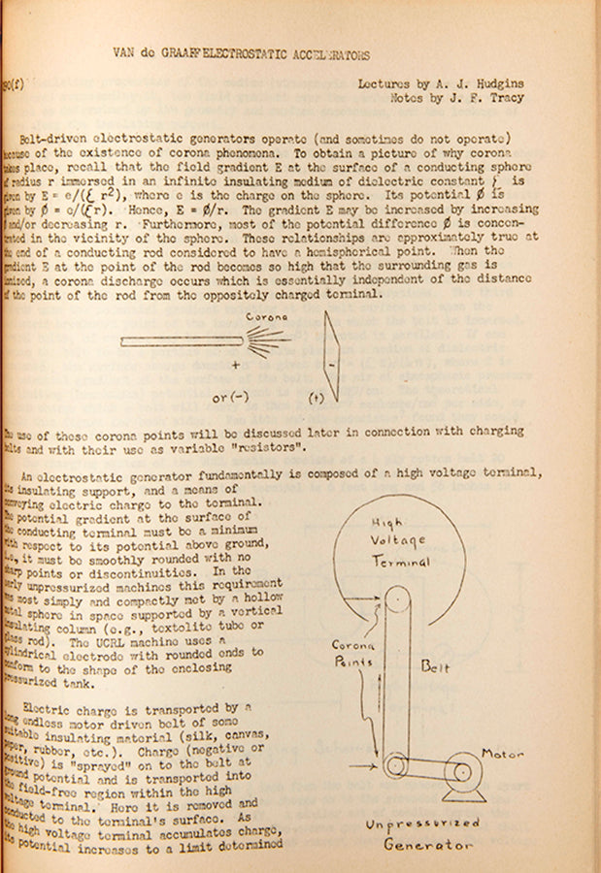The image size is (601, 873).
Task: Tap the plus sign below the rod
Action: [236, 367]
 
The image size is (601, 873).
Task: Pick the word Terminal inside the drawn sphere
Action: [400, 563]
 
